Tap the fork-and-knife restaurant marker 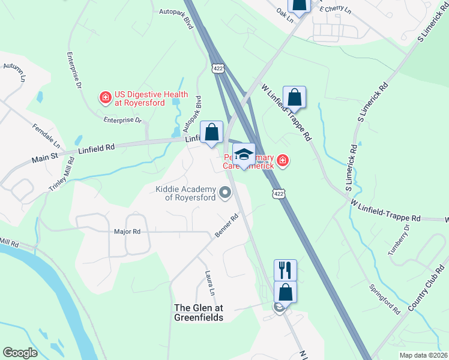coord(286,269)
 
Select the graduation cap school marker coord(244,154)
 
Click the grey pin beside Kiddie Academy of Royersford coord(225,193)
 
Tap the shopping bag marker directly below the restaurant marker coord(286,292)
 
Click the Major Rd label coord(127,231)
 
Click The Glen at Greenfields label coord(198,312)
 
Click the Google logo coord(20,353)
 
